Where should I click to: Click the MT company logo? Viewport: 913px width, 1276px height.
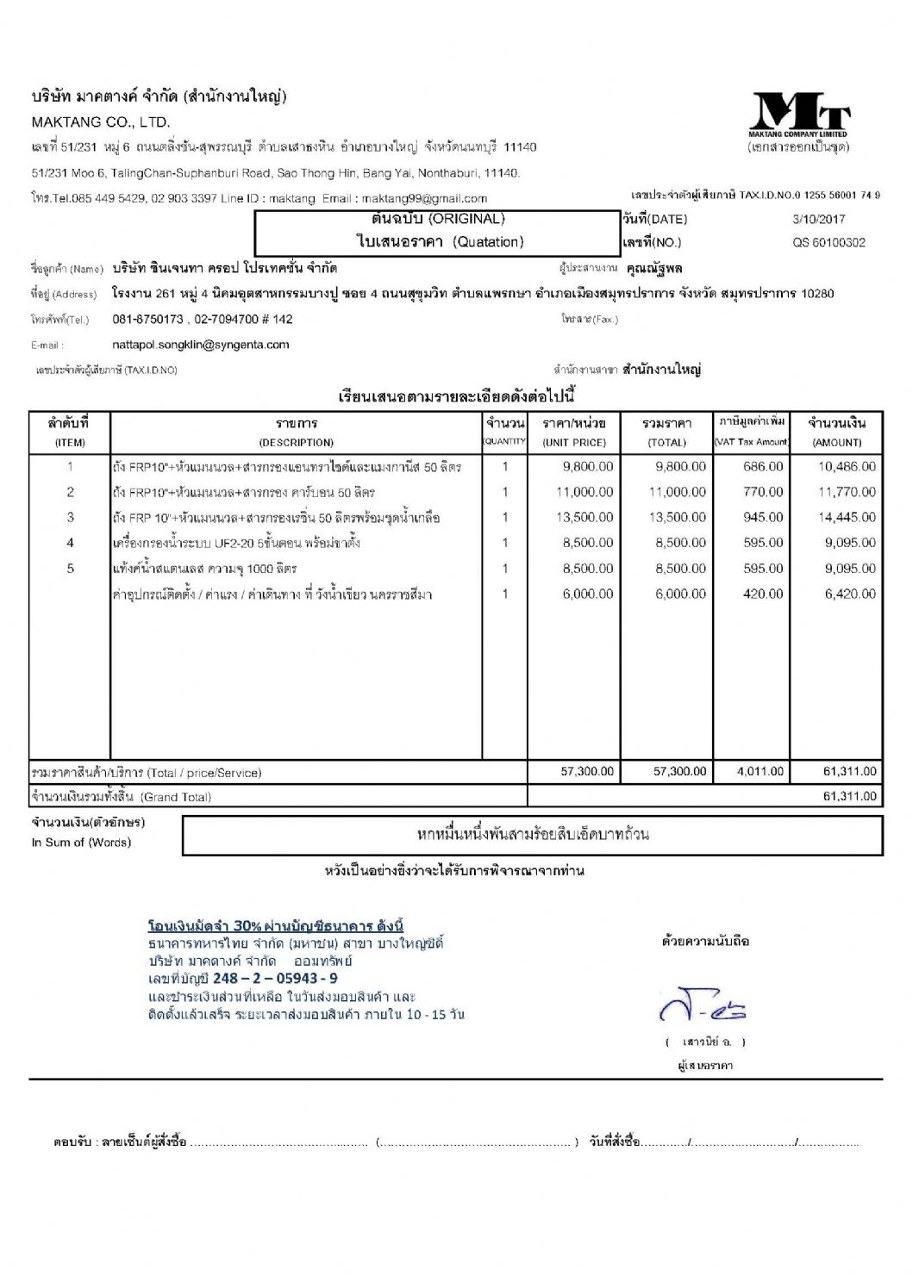800,114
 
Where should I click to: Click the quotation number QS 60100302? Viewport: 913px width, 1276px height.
829,243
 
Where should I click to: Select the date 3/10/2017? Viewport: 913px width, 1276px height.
818,220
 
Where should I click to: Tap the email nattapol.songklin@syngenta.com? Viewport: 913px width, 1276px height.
201,345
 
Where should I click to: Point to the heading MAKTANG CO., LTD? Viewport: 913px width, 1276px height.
101,122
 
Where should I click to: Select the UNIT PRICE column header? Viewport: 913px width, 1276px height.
574,443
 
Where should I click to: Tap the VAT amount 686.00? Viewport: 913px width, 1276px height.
763,467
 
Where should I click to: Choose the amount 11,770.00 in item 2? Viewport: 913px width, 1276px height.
847,492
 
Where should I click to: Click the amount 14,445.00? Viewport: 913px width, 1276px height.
847,518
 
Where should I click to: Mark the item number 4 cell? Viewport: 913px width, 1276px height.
71,543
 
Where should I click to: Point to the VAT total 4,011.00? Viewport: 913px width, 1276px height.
760,772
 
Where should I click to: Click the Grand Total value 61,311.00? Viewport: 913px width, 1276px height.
849,797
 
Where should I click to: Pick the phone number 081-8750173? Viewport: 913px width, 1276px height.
147,320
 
